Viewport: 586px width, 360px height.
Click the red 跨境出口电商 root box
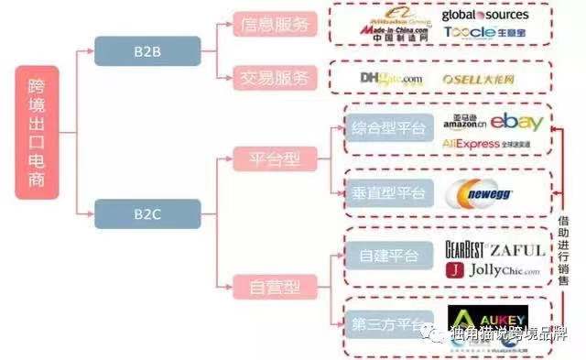(x=37, y=132)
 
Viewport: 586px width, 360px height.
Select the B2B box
(x=148, y=50)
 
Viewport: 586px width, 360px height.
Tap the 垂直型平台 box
(x=388, y=191)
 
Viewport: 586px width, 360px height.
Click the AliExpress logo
(x=470, y=144)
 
